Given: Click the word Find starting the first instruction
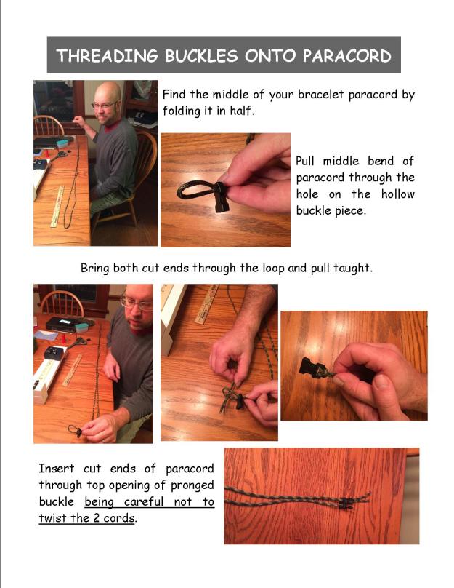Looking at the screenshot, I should [x=175, y=95].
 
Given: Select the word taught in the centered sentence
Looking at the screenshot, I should [x=354, y=267].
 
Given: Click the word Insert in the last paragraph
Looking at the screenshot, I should [x=57, y=469].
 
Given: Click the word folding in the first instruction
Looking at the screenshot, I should [x=184, y=113].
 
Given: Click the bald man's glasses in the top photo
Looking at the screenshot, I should [x=102, y=106].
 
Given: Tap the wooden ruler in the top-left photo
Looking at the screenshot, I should [x=56, y=207].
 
